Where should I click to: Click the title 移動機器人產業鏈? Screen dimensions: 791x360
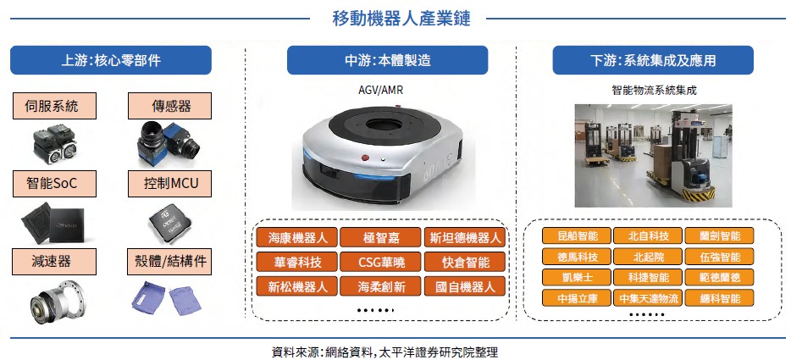coord(401,18)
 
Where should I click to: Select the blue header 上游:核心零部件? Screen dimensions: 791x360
coord(110,60)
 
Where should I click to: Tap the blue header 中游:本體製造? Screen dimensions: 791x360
coord(387,60)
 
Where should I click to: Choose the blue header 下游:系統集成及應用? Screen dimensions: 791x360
coord(653,60)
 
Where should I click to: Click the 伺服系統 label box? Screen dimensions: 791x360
coord(54,106)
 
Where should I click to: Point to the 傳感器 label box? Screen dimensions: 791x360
coord(169,106)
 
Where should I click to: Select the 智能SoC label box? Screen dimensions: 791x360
coord(54,184)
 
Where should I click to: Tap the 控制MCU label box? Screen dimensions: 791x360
coord(169,184)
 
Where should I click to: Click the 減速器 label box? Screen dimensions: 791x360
coord(54,262)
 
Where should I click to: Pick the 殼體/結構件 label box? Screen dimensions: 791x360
coord(169,262)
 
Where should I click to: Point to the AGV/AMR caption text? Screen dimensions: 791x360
coord(381,91)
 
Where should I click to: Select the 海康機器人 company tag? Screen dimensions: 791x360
coord(297,237)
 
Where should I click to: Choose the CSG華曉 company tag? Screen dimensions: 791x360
coord(380,262)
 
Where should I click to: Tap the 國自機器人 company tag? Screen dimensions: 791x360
coord(464,287)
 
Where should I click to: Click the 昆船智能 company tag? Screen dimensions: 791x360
coord(577,235)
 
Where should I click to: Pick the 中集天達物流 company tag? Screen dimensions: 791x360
coord(648,298)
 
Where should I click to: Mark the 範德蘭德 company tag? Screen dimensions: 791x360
coord(719,277)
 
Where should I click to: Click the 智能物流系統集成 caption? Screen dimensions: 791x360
coord(654,91)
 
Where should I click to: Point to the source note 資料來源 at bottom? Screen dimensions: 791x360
coord(384,351)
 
